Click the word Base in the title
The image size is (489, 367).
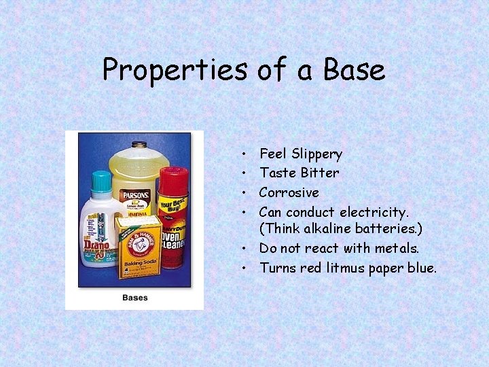(354, 70)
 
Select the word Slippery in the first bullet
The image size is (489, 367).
(316, 154)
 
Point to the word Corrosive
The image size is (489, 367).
(289, 192)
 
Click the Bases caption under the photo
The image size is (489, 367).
(134, 298)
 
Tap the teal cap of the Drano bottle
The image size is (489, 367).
(101, 181)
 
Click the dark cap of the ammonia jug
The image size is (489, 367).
(139, 145)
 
